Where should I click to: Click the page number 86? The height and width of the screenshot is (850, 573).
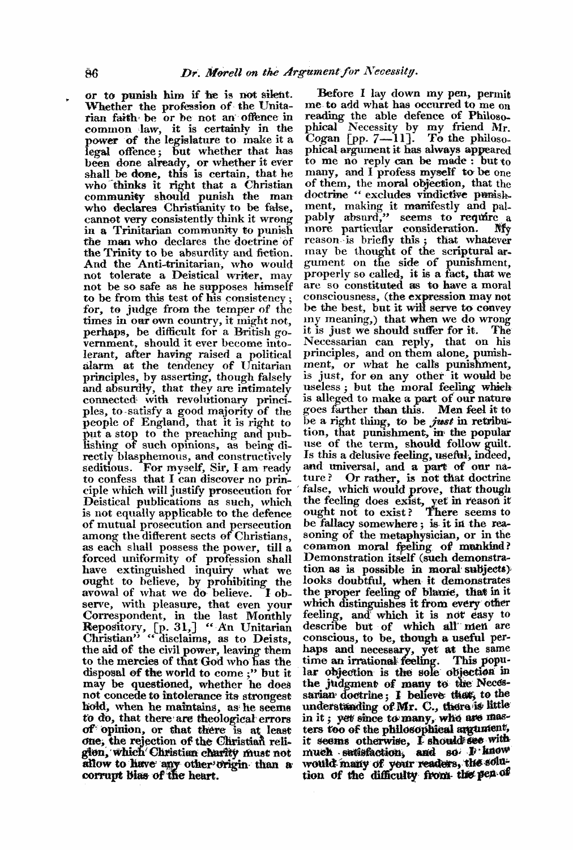[x=92, y=57]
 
